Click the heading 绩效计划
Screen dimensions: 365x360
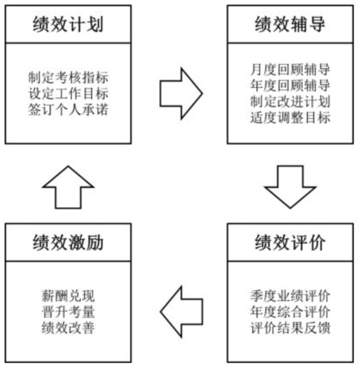click(68, 25)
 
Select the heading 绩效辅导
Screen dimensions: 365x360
click(290, 25)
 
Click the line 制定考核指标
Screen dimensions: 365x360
click(68, 78)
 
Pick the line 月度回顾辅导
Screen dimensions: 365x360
click(290, 70)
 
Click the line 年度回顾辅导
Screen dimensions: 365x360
click(290, 84)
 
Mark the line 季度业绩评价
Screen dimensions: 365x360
click(290, 296)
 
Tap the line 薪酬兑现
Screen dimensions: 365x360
click(68, 296)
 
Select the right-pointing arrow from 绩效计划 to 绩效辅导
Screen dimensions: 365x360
click(180, 92)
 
